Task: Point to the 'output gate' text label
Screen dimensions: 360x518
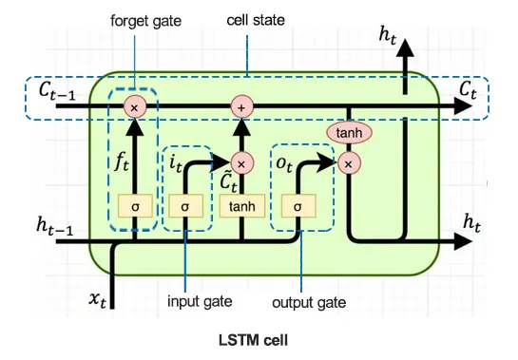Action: pyautogui.click(x=309, y=302)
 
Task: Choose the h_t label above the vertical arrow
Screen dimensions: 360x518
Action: pyautogui.click(x=389, y=35)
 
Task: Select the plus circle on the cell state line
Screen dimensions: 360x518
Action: pyautogui.click(x=240, y=107)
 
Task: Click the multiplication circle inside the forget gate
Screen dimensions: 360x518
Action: pyautogui.click(x=134, y=107)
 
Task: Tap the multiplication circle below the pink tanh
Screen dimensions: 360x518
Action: pyautogui.click(x=348, y=163)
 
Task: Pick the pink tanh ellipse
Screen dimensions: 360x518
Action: pyautogui.click(x=348, y=134)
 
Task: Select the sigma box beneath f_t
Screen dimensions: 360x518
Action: pyautogui.click(x=134, y=204)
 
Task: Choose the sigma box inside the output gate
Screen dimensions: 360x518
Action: pyautogui.click(x=298, y=204)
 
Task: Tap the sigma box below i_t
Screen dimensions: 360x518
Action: pyautogui.click(x=186, y=204)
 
